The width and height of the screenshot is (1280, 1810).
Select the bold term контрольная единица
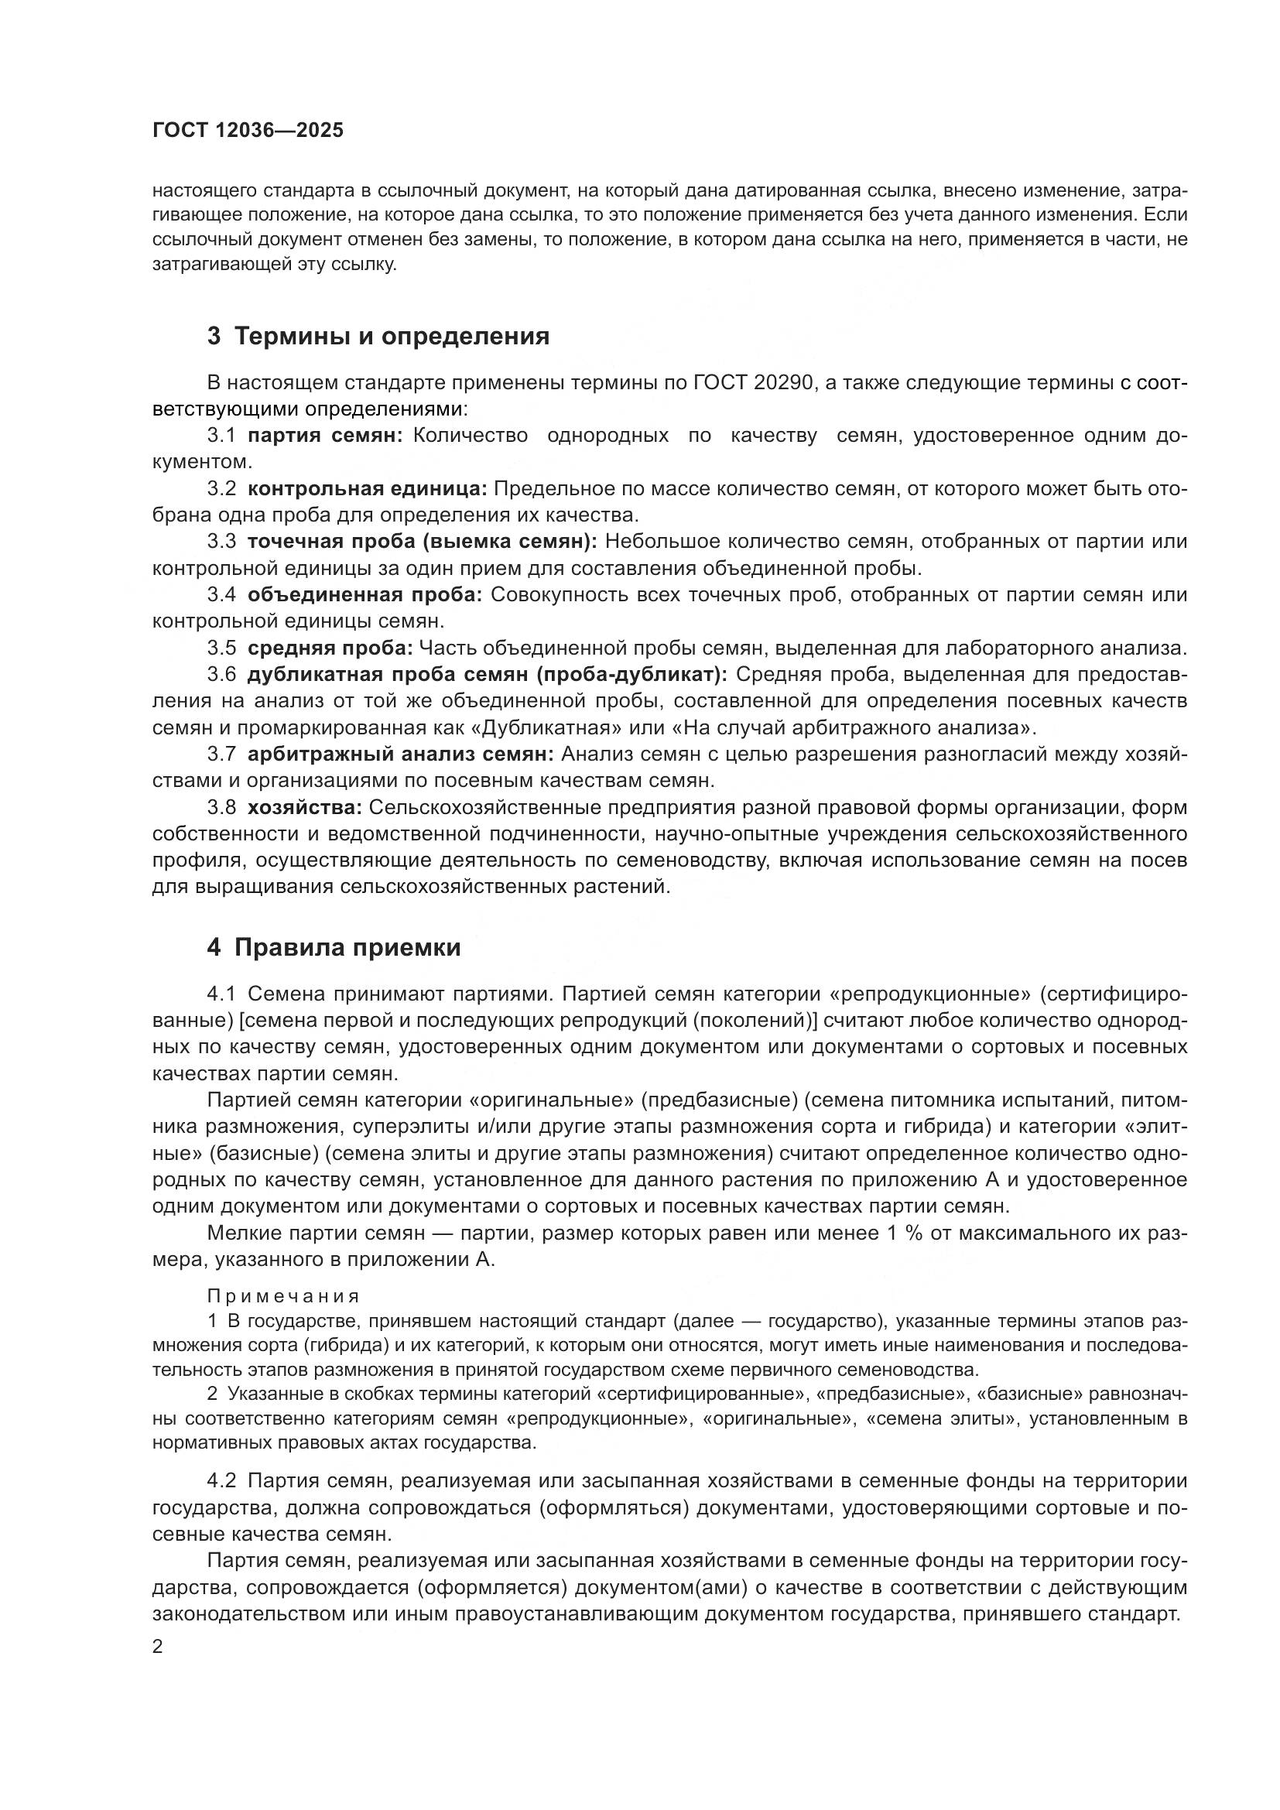coord(368,489)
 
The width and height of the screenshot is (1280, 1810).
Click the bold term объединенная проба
coord(365,595)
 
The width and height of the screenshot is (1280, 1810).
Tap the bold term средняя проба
coord(330,648)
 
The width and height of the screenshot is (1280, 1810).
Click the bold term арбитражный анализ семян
coord(401,754)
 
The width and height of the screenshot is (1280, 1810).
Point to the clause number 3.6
coord(221,675)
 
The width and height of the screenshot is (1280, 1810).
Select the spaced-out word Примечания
coord(283,1296)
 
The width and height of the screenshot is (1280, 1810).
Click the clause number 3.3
coord(221,542)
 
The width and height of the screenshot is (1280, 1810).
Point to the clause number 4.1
coord(221,994)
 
